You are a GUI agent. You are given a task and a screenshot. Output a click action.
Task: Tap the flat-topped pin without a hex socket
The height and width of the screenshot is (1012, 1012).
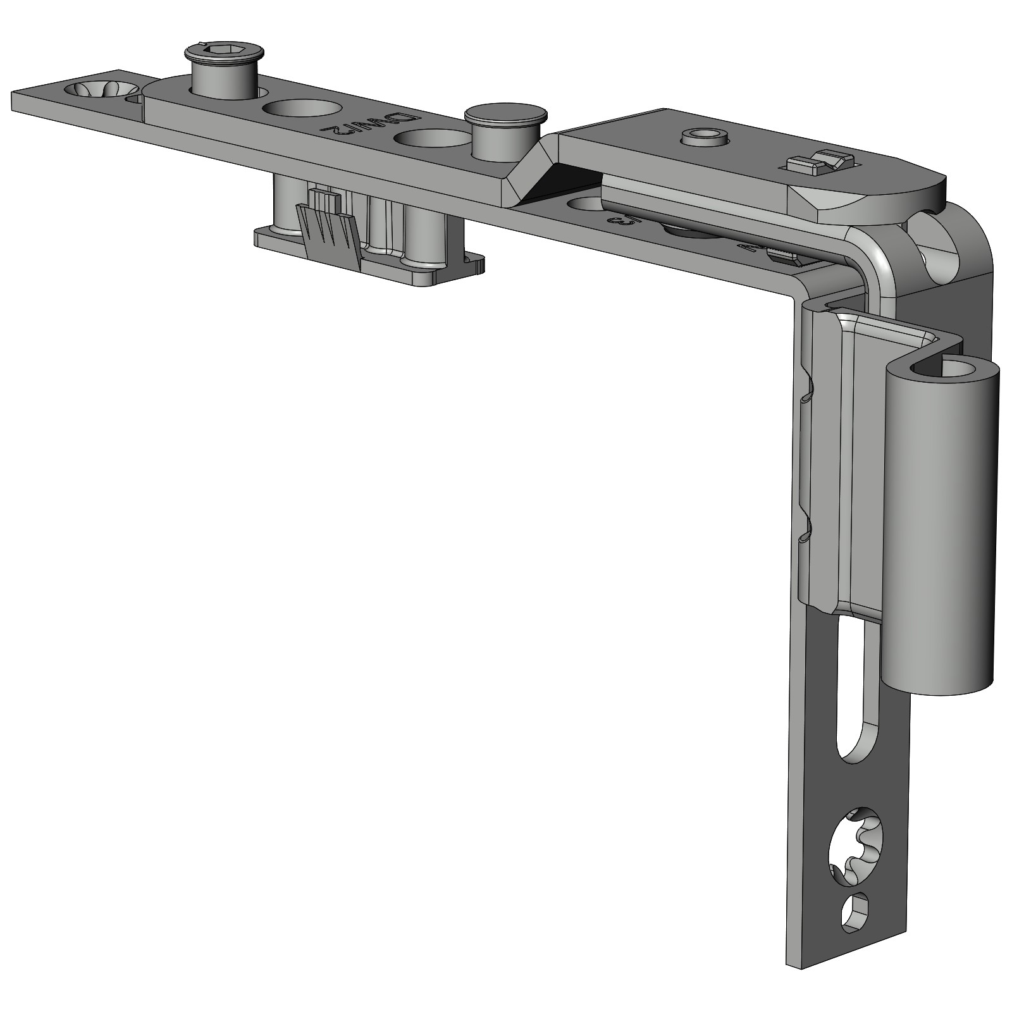[x=505, y=115]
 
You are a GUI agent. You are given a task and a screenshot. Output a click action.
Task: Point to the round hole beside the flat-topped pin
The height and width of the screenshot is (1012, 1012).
[x=431, y=139]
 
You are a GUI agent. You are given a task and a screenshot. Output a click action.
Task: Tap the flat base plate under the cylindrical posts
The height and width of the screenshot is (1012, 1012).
[x=373, y=269]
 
